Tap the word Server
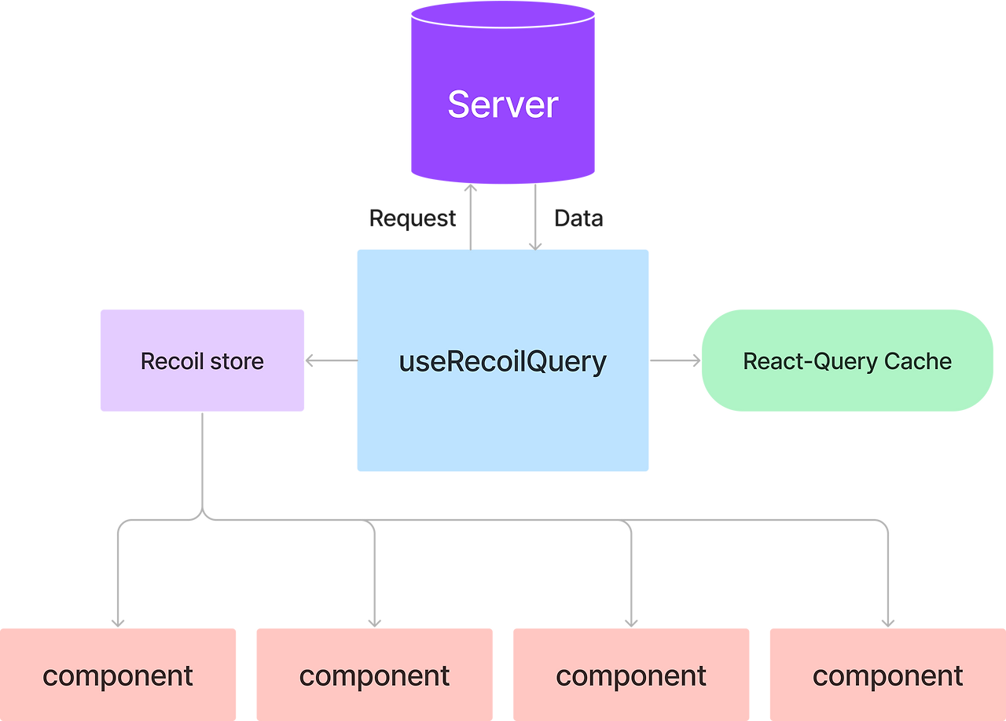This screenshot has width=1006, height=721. click(503, 104)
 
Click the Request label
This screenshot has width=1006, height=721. click(413, 218)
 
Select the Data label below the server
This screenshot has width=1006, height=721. click(578, 218)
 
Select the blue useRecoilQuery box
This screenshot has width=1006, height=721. click(503, 424)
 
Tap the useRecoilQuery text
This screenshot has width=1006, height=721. click(503, 361)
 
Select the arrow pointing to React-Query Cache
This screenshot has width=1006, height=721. click(675, 360)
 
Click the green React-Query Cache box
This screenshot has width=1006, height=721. click(847, 389)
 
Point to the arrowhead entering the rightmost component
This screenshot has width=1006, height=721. click(888, 621)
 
